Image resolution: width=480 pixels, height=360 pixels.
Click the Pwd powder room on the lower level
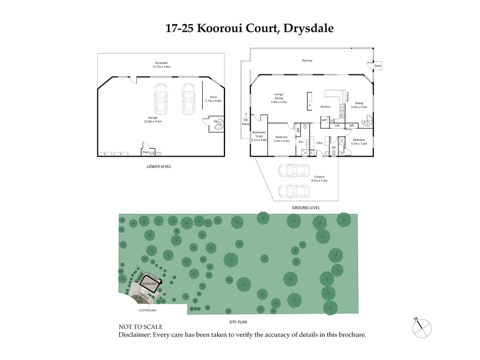pyautogui.click(x=145, y=153)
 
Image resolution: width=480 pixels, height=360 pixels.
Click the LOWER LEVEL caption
pyautogui.click(x=158, y=166)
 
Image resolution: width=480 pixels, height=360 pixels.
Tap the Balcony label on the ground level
pyautogui.click(x=308, y=61)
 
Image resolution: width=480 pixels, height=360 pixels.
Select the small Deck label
pyautogui.click(x=377, y=66)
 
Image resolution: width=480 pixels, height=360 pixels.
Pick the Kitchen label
pyautogui.click(x=326, y=106)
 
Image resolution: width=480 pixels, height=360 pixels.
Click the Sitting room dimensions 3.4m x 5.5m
pyautogui.click(x=360, y=107)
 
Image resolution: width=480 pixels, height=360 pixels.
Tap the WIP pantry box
pyautogui.click(x=324, y=121)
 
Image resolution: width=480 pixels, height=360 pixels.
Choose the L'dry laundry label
pyautogui.click(x=320, y=143)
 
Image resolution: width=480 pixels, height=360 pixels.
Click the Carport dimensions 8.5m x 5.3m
pyautogui.click(x=320, y=179)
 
